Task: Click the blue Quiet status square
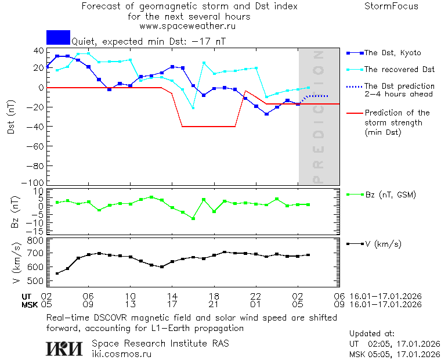tap(58, 37)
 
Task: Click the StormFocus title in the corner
tap(391, 6)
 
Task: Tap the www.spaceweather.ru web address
tap(187, 26)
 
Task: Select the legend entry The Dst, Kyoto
tap(392, 53)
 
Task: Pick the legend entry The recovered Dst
tap(399, 70)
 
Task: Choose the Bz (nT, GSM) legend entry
tap(390, 195)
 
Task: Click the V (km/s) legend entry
tap(383, 244)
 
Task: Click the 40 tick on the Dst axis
tap(39, 51)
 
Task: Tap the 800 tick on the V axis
tap(36, 240)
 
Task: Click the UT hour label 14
tap(172, 296)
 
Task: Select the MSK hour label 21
tap(214, 304)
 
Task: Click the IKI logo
tap(64, 348)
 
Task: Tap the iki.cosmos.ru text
tap(121, 354)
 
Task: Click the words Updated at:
tap(371, 334)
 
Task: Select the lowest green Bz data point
tap(193, 218)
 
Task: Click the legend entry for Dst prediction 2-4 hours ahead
tap(399, 90)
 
